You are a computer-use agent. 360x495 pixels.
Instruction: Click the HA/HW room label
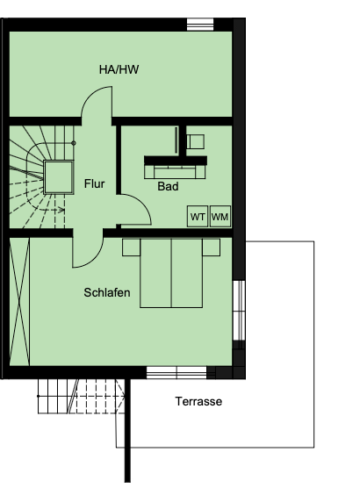119,69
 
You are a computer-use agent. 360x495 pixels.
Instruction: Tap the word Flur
95,183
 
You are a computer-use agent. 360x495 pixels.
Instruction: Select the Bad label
168,186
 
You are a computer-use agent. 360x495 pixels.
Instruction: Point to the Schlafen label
107,292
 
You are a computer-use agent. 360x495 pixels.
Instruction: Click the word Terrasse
198,402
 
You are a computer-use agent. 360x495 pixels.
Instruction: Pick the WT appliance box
198,217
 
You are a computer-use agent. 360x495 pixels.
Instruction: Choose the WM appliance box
220,217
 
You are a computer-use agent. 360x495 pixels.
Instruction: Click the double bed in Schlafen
171,273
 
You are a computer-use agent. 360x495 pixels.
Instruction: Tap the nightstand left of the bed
131,247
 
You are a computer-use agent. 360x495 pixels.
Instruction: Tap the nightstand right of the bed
212,247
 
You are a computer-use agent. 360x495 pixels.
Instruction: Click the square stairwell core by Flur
59,176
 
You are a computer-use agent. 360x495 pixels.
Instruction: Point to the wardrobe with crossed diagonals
19,302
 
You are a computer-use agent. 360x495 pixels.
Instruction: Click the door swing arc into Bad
142,202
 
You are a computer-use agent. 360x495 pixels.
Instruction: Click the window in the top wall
200,25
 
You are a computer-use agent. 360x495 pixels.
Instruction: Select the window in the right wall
239,311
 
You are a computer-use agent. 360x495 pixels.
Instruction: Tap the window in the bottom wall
176,372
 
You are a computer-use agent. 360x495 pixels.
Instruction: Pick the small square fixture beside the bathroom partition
196,142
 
